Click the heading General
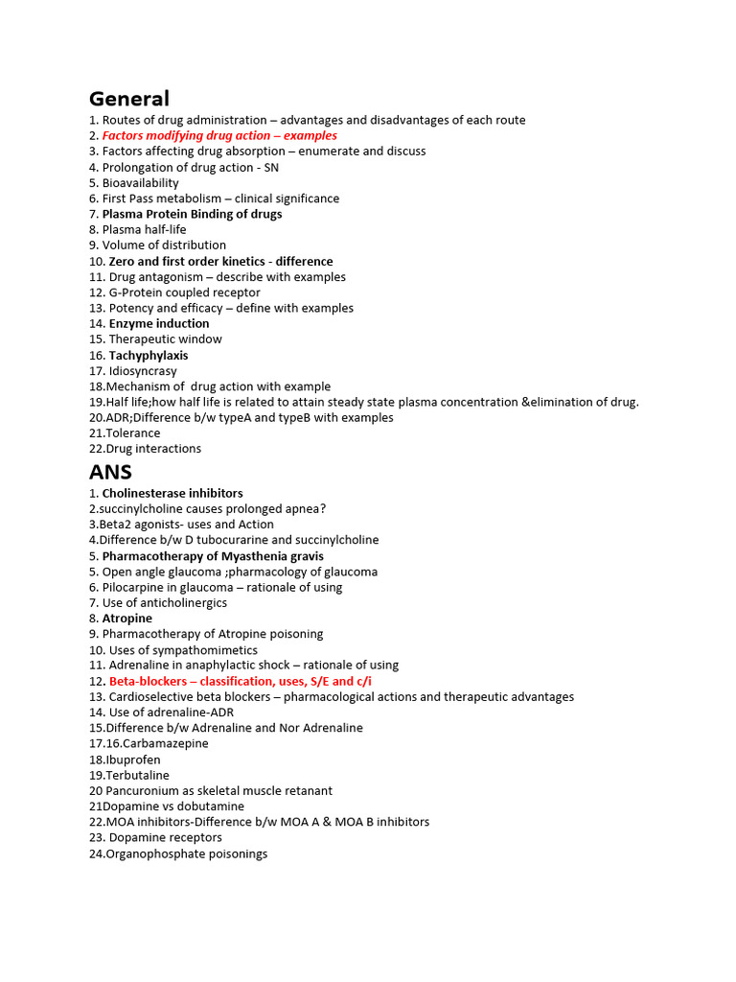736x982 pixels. (x=128, y=99)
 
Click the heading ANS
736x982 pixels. (x=110, y=472)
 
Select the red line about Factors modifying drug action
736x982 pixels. (x=219, y=136)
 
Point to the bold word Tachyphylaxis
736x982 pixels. (x=149, y=356)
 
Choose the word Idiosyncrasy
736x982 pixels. (x=143, y=371)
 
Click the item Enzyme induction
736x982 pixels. (x=159, y=324)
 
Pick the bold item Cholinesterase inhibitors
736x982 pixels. (x=172, y=494)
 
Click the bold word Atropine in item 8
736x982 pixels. (x=127, y=619)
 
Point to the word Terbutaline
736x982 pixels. (x=137, y=776)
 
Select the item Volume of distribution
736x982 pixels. (x=164, y=245)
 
